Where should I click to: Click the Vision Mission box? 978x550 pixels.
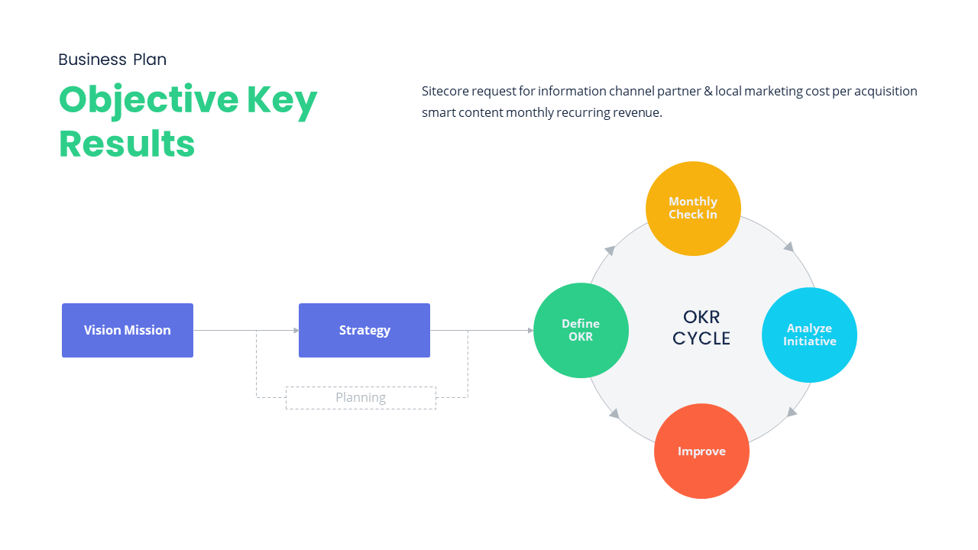tap(128, 330)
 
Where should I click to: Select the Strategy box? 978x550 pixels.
tap(364, 330)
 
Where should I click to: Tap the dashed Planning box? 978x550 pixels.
tap(361, 398)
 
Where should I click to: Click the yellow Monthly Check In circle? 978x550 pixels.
tap(693, 209)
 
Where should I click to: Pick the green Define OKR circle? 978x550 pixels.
tap(581, 331)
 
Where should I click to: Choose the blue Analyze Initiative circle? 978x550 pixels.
tap(809, 335)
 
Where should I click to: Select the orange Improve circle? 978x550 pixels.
tap(701, 451)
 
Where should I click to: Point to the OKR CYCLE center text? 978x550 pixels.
tap(701, 328)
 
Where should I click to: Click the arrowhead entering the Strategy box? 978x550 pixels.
tap(296, 331)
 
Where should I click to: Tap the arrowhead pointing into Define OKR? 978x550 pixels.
tap(529, 331)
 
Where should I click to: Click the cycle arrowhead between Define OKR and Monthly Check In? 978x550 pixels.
tap(610, 250)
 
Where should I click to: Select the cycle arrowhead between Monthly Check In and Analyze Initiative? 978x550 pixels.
tap(789, 247)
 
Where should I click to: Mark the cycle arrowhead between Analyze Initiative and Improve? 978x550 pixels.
tap(792, 412)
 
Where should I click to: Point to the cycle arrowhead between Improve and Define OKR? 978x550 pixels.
tap(614, 413)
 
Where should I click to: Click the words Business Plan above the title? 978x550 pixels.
tap(112, 60)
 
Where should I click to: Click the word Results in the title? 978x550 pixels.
tap(127, 144)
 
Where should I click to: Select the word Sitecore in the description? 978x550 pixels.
tap(445, 92)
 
